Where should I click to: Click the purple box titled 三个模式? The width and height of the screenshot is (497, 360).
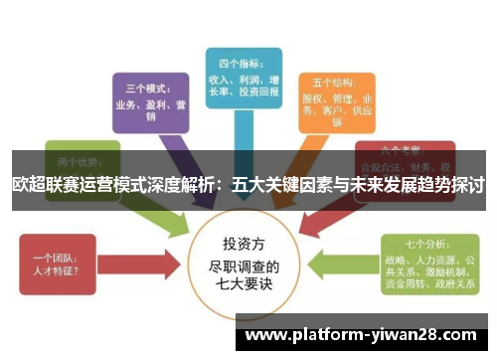(x=149, y=100)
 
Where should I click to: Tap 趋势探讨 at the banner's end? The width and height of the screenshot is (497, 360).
(x=452, y=185)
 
